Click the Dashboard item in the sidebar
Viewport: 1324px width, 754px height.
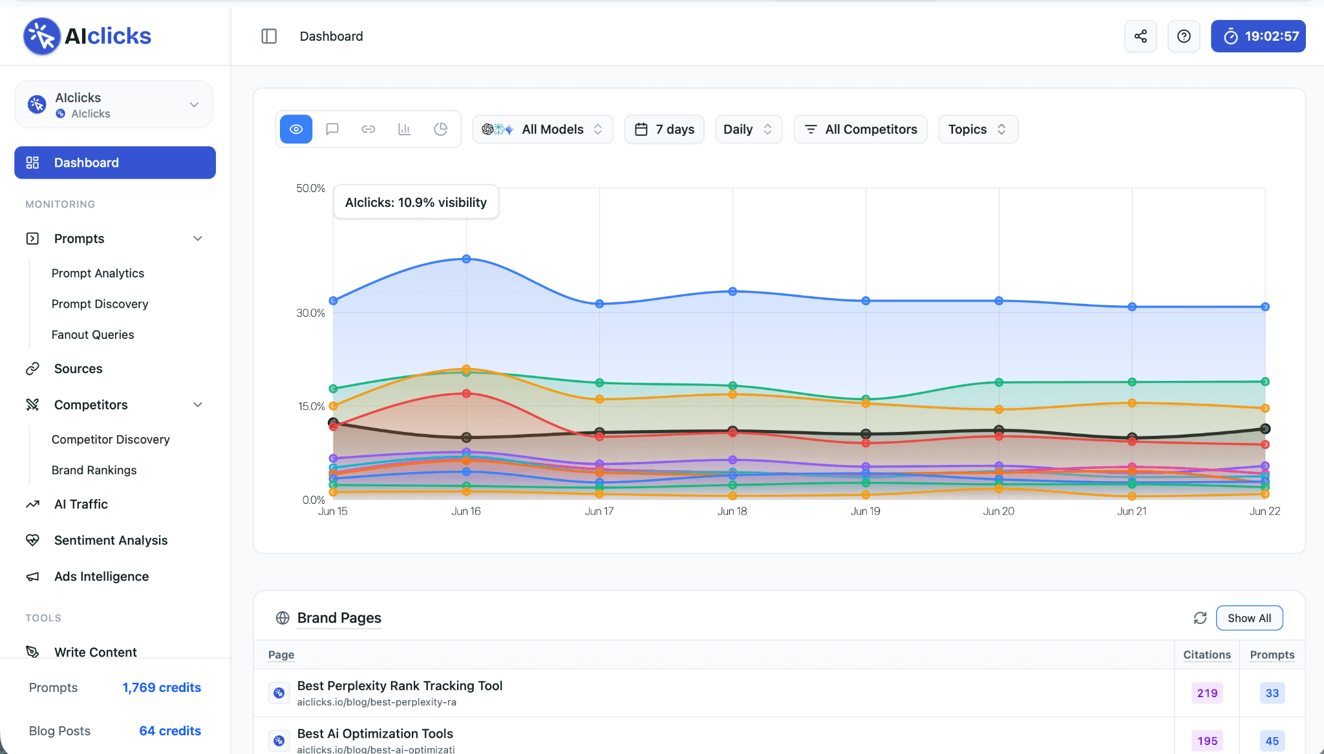(x=115, y=162)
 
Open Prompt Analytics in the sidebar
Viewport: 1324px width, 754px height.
(x=98, y=273)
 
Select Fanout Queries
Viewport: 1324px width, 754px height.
(x=93, y=334)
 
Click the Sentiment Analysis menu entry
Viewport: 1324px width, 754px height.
(x=111, y=540)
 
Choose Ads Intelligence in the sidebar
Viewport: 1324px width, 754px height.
(x=101, y=576)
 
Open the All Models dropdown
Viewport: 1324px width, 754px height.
(x=542, y=129)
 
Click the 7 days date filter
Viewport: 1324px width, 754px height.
(x=664, y=129)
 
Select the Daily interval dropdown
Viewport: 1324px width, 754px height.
(x=749, y=129)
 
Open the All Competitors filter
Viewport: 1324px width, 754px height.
(x=860, y=129)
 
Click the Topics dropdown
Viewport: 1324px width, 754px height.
(x=978, y=129)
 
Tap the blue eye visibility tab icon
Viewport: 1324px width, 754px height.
(x=296, y=129)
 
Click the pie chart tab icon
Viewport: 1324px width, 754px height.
(x=441, y=129)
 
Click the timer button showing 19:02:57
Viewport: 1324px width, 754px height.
(x=1258, y=36)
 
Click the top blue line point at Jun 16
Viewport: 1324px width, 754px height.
(x=466, y=259)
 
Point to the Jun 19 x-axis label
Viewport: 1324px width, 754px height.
(x=866, y=511)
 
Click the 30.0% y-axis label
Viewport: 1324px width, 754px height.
(x=310, y=313)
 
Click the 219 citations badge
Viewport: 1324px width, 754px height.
(x=1207, y=693)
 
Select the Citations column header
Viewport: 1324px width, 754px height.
(x=1207, y=654)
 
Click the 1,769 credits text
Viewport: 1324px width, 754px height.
(x=162, y=687)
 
